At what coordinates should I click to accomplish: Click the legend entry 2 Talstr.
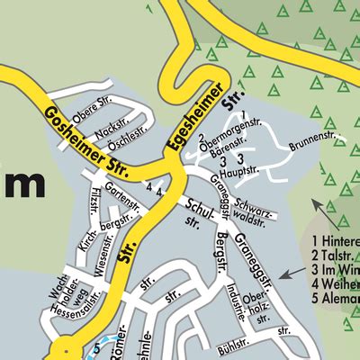pyautogui.click(x=333, y=256)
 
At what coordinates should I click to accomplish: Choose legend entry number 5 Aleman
pyautogui.click(x=334, y=298)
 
